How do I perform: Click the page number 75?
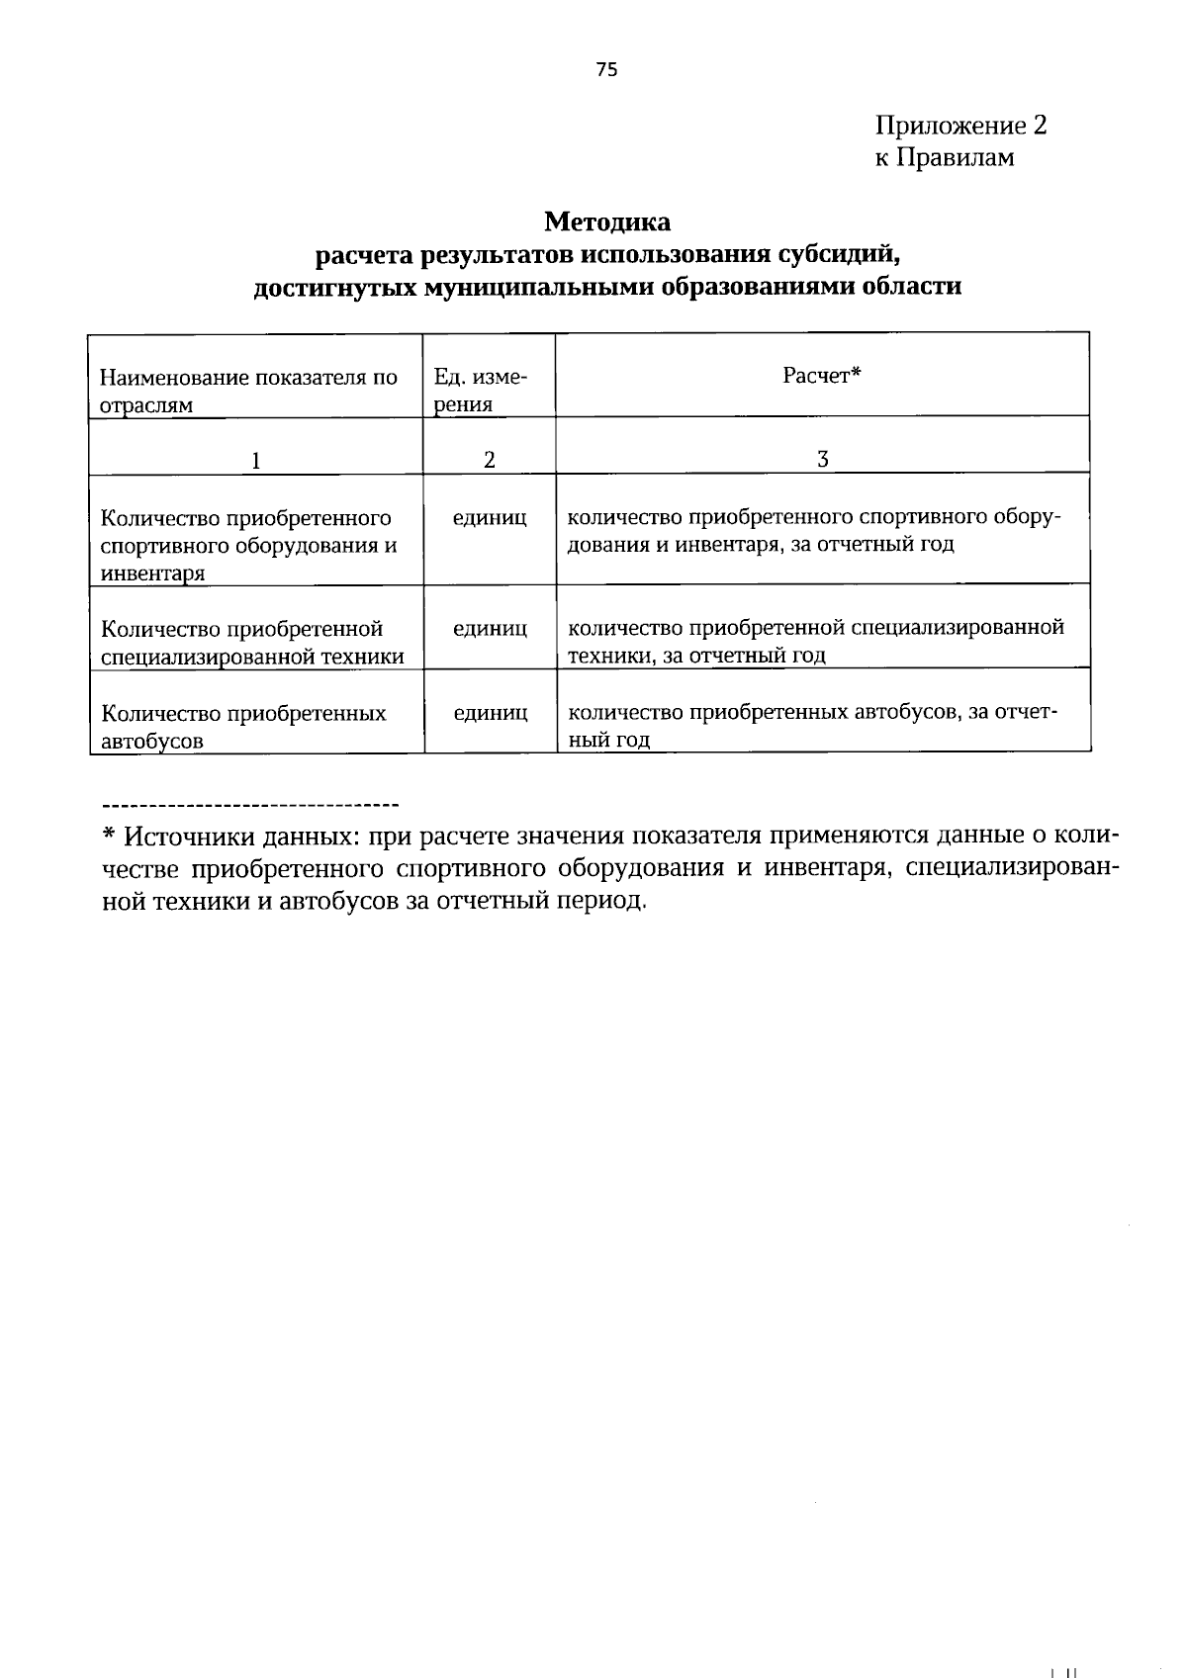pyautogui.click(x=606, y=68)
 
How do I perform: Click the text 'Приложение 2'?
pyautogui.click(x=959, y=126)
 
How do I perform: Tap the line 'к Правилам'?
pyautogui.click(x=944, y=157)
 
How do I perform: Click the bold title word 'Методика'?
pyautogui.click(x=606, y=221)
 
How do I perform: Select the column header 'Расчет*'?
pyautogui.click(x=821, y=376)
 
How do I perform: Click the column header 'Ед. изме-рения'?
pyautogui.click(x=480, y=390)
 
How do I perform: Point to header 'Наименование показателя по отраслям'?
pyautogui.click(x=247, y=390)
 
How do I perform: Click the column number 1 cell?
pyautogui.click(x=255, y=460)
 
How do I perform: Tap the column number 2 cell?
pyautogui.click(x=489, y=460)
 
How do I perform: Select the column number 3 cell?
pyautogui.click(x=821, y=459)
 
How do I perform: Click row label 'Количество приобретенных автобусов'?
pyautogui.click(x=243, y=726)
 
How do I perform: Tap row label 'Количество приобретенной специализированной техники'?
pyautogui.click(x=252, y=642)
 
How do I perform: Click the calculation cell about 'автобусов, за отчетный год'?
pyautogui.click(x=811, y=725)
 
